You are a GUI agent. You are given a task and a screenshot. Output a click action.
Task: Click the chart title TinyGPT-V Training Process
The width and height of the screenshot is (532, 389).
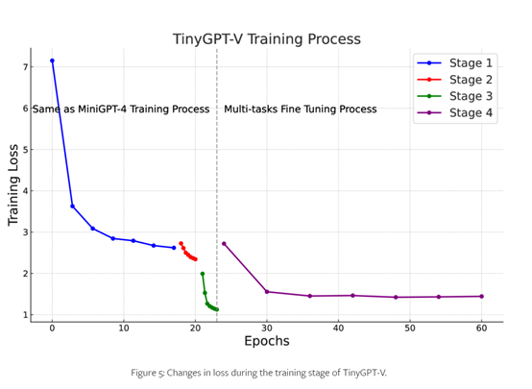pos(267,39)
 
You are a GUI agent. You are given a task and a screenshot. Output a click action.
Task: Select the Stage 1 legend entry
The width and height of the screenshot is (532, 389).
pos(469,62)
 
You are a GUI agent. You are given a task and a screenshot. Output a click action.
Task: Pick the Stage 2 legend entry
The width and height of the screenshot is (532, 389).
pos(469,80)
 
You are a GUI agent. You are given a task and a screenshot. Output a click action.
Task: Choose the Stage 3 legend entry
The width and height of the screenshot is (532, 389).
pos(469,96)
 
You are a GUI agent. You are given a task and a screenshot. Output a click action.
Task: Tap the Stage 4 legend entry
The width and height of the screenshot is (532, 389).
pos(469,113)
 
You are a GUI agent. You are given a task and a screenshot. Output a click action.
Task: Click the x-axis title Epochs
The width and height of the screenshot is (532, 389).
pos(267,342)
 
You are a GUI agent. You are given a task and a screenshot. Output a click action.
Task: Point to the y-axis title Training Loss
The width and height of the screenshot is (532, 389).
pos(14,185)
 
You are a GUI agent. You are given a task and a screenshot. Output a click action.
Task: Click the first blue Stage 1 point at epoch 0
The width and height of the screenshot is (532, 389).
pos(52,61)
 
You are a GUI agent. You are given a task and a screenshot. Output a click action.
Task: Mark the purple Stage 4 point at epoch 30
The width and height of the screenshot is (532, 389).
pos(267,291)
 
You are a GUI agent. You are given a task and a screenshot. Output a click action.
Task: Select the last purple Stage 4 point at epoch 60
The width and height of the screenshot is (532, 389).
pos(481,296)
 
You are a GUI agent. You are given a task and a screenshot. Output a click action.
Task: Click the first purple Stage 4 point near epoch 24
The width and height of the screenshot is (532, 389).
pos(224,243)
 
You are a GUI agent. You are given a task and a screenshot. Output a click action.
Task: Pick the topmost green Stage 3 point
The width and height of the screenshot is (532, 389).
pos(202,274)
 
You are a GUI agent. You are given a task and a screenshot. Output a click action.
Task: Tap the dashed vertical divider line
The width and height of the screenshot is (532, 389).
pos(217,192)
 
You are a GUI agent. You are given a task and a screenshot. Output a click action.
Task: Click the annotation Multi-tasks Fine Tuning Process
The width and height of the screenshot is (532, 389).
pos(301,109)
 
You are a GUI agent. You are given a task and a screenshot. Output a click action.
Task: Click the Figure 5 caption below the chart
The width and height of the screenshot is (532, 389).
pos(266,372)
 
